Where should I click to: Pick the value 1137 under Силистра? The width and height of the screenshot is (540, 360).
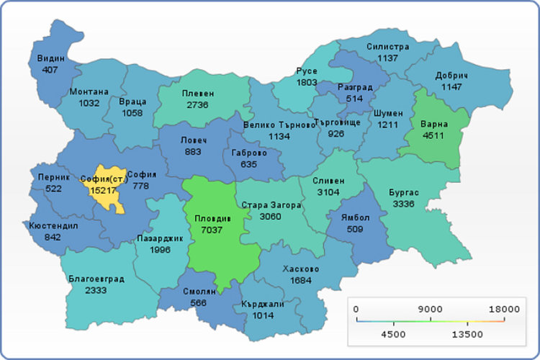[387, 58]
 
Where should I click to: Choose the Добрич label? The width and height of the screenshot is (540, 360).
[451, 76]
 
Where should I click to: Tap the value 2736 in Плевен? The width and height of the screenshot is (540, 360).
[197, 105]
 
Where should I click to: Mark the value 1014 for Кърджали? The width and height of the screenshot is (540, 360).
[263, 315]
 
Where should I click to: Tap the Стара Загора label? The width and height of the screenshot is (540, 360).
[271, 205]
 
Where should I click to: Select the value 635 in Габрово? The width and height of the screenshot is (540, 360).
[250, 164]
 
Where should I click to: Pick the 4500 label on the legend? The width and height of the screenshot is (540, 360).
[393, 335]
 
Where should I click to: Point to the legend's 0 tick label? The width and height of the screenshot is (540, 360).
[356, 309]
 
